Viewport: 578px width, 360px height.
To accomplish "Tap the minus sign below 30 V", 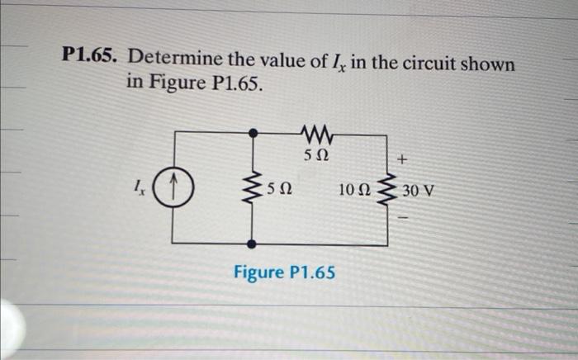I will [x=403, y=220].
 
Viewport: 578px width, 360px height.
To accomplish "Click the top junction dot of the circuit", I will [x=253, y=131].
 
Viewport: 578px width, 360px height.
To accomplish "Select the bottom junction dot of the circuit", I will [x=253, y=244].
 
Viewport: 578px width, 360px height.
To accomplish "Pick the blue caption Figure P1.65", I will [x=284, y=272].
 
